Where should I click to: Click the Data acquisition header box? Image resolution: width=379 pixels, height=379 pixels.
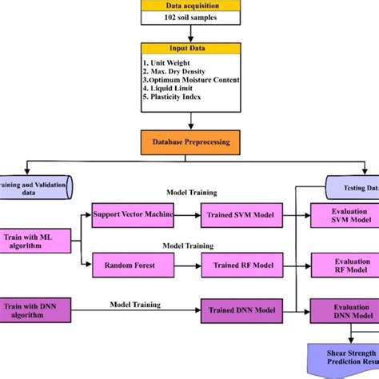pos(190,6)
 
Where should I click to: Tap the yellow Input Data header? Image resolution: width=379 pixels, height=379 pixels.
pos(190,47)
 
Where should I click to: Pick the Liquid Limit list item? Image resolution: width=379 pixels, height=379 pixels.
pos(170,91)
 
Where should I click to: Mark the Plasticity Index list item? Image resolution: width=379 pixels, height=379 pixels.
pos(174,101)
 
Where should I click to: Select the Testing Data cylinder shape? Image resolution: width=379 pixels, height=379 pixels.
pos(352,187)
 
